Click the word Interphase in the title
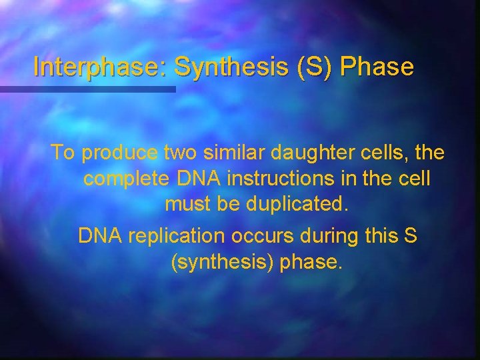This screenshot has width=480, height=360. click(x=100, y=67)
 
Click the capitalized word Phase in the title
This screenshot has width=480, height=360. click(x=378, y=67)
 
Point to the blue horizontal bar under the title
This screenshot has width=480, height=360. click(x=87, y=89)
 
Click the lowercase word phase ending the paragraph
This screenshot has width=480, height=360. click(x=311, y=263)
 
